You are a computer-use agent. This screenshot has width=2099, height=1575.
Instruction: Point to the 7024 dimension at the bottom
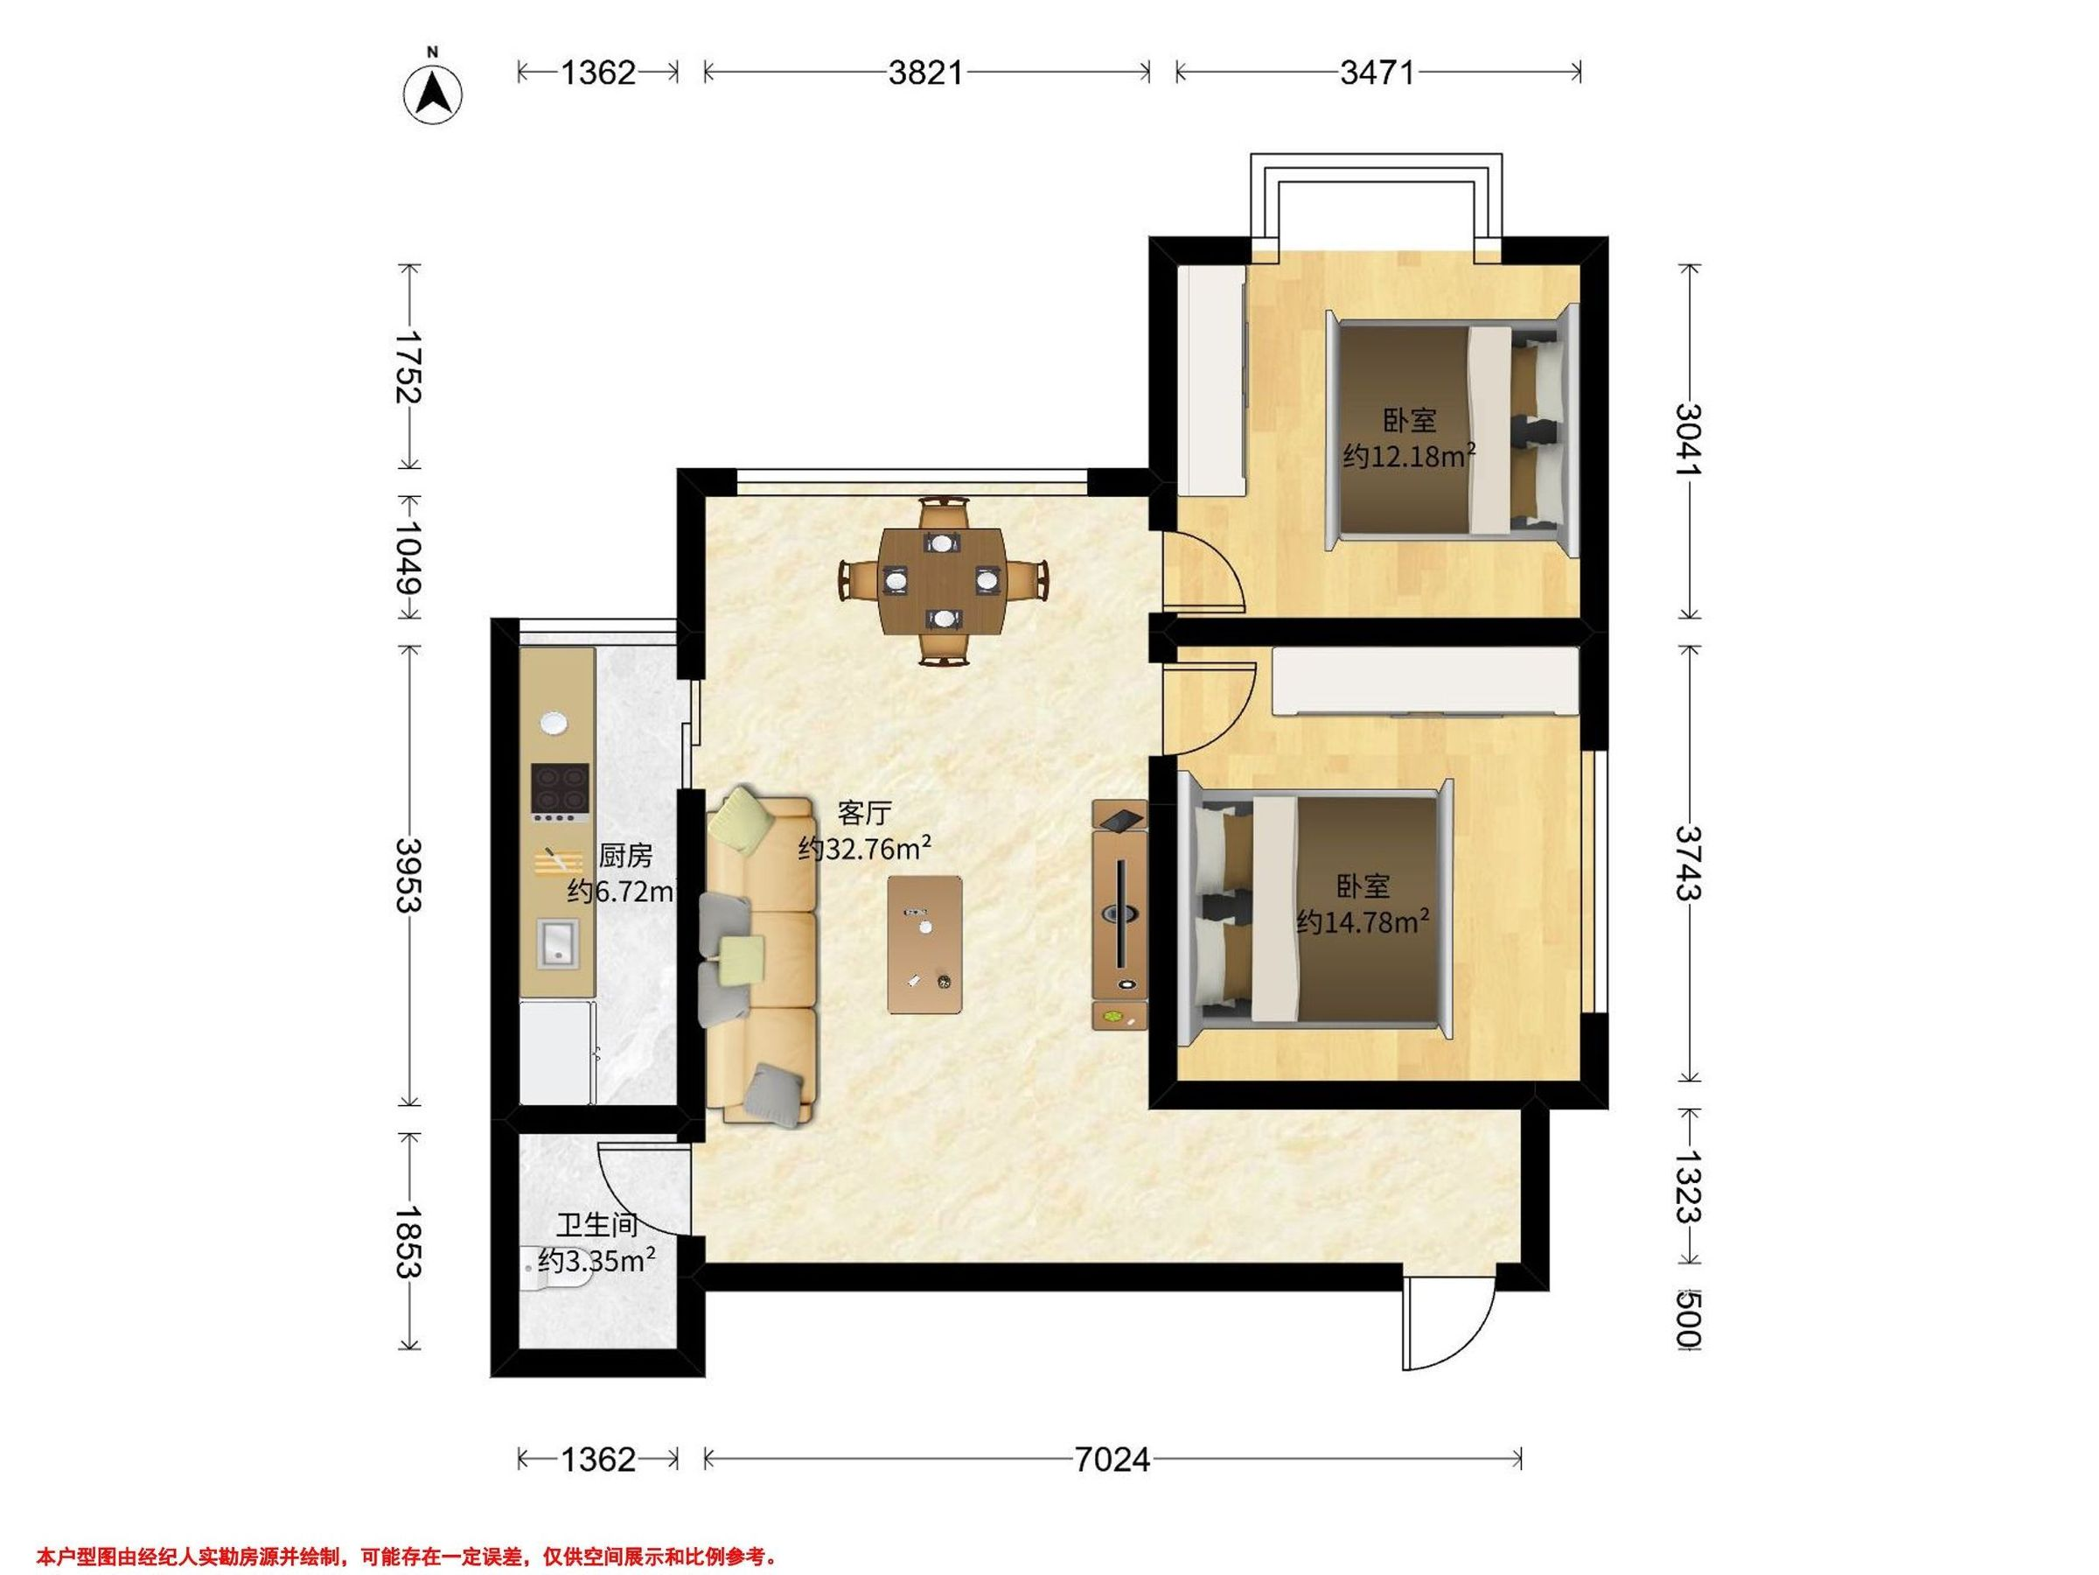(1112, 1459)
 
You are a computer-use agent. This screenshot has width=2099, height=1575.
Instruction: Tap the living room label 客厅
(864, 813)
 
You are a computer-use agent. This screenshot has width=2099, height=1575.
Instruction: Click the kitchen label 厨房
(625, 857)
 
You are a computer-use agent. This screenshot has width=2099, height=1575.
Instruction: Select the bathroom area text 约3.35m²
(596, 1261)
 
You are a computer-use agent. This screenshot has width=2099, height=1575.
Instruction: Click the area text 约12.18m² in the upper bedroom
(1409, 457)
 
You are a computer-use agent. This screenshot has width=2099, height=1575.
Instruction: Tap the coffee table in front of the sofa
(925, 945)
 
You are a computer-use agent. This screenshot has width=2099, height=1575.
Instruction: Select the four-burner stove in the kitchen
(559, 793)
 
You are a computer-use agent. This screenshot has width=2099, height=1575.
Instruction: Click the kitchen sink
(558, 943)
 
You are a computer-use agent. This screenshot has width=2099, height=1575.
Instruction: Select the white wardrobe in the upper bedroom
(1210, 379)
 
